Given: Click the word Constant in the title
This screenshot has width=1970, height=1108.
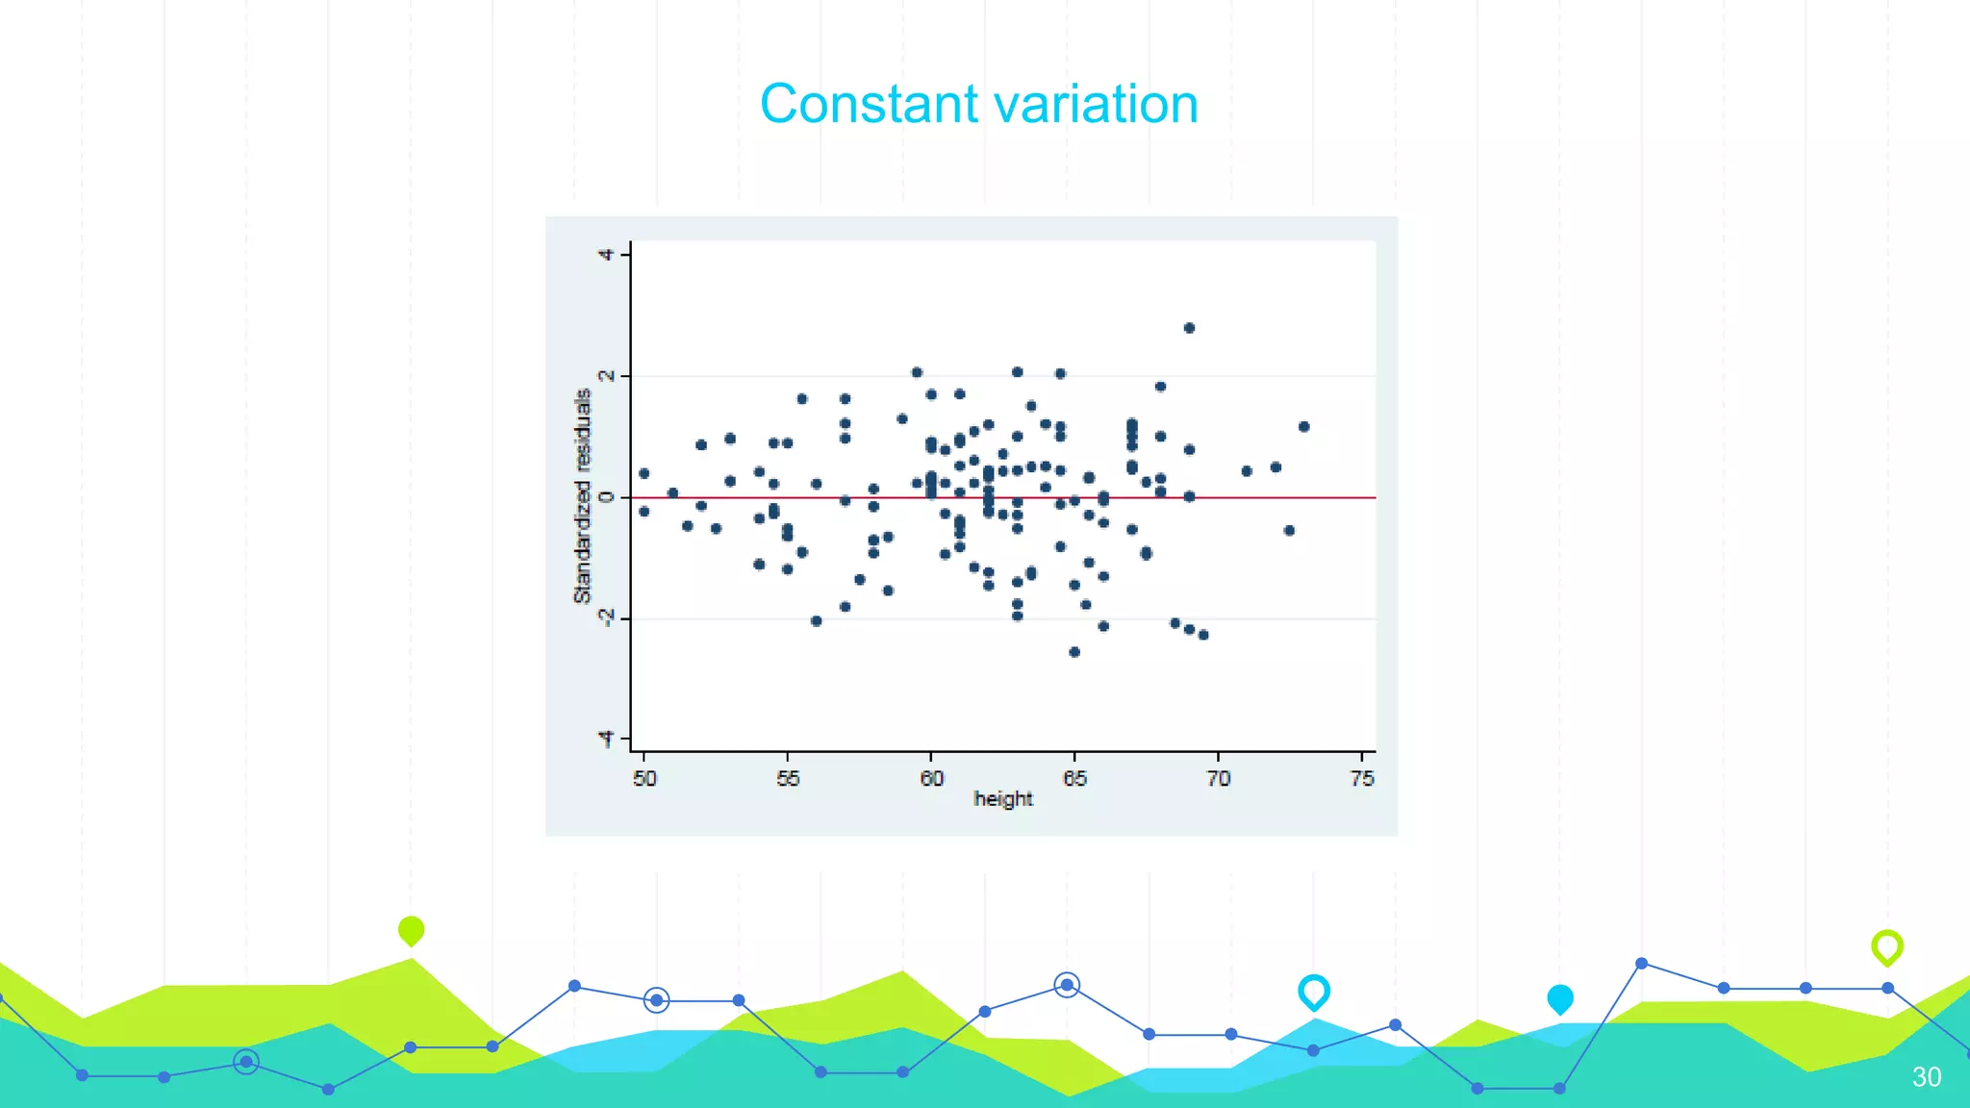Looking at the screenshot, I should click(869, 104).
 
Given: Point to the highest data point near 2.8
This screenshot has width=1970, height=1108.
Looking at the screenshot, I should click(1189, 328).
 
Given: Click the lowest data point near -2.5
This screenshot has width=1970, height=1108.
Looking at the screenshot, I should click(1074, 652).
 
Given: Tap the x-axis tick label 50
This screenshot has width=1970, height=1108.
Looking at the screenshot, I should click(644, 778).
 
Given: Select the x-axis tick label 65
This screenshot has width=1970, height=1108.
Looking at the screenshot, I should click(1074, 778).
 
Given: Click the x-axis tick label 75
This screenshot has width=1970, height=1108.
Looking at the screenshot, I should click(1362, 778).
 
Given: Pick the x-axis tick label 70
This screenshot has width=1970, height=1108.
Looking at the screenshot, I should click(1218, 778).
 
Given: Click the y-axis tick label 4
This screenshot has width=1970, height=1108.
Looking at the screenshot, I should click(606, 255).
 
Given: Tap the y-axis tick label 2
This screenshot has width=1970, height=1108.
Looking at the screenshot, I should click(606, 376).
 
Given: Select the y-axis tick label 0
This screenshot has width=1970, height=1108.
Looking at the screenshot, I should click(606, 497).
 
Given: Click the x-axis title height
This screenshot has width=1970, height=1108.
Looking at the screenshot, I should click(1002, 799).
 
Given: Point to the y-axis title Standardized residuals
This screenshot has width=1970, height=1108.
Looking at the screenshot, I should click(582, 496).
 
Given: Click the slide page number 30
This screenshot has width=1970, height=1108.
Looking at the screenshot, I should click(1926, 1076).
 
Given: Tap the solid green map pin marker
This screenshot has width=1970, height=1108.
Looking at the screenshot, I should click(411, 930).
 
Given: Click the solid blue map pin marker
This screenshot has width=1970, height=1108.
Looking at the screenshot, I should click(1559, 998).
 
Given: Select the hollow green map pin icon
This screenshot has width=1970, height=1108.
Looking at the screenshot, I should click(1886, 947).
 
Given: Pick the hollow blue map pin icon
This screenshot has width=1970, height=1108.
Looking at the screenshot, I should click(1313, 992).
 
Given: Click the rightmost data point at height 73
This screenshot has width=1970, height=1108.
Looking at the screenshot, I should click(1303, 427).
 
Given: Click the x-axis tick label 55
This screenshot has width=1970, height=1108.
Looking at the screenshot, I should click(788, 778).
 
